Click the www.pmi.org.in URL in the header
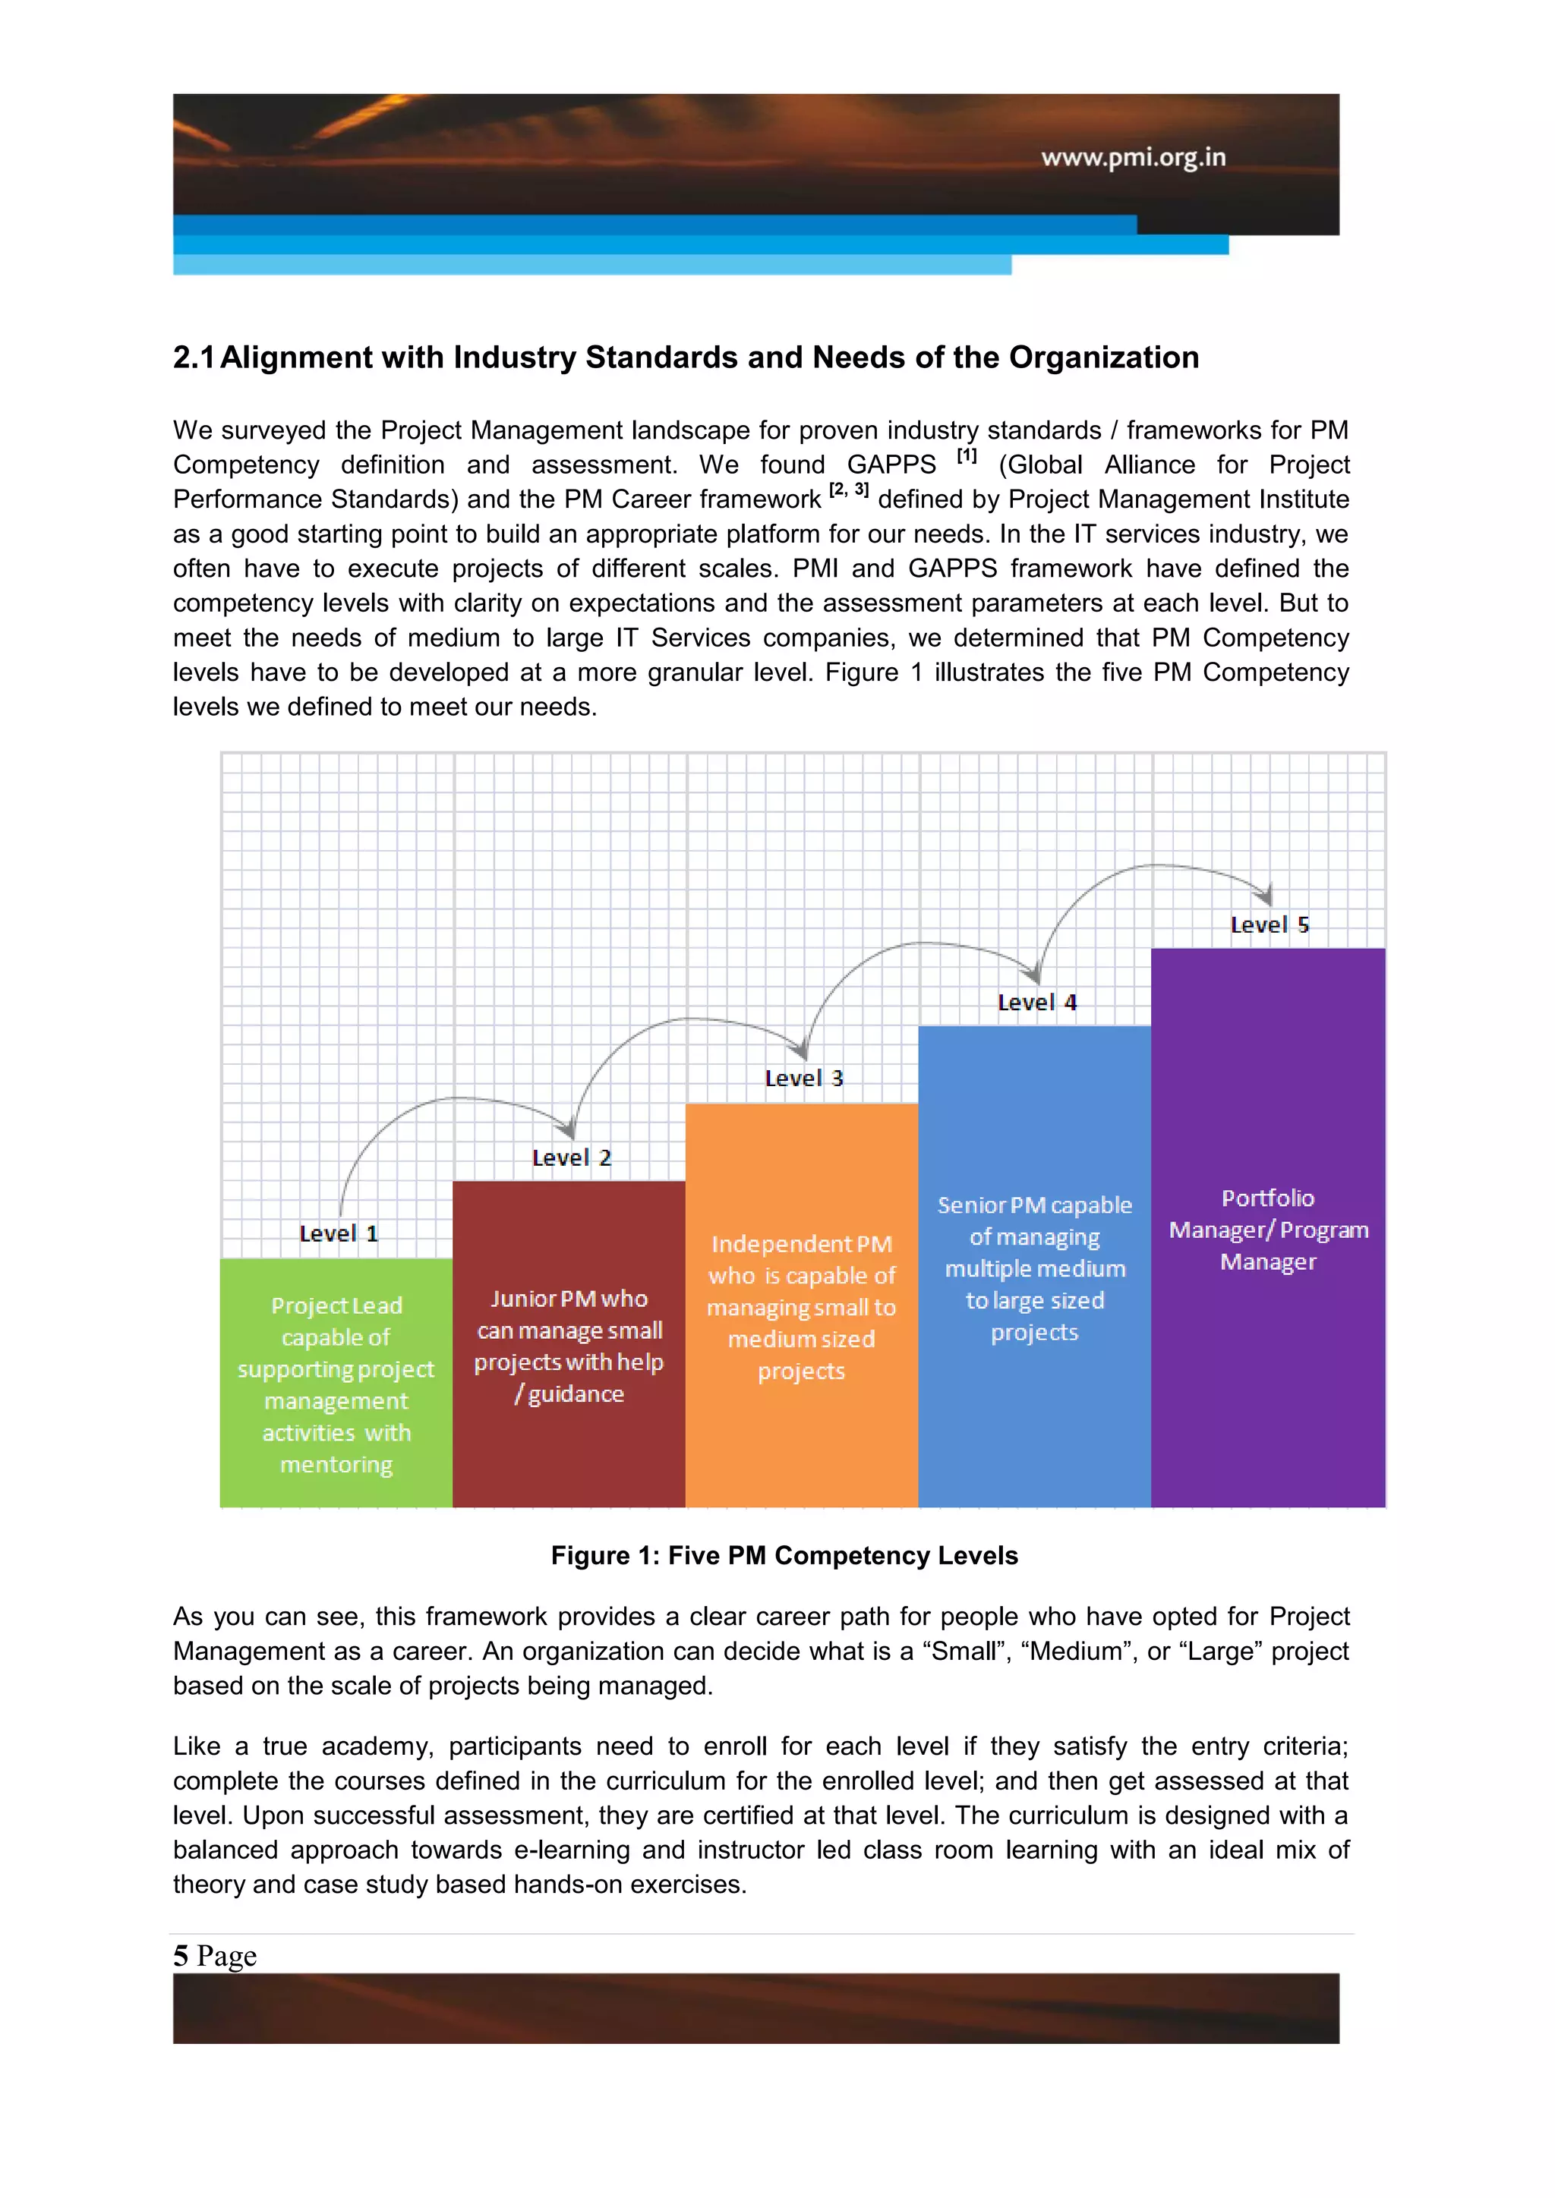point(1133,157)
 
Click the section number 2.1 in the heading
point(194,357)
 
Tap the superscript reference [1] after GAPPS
point(966,457)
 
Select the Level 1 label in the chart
point(338,1233)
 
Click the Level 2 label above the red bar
point(571,1157)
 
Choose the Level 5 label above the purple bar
point(1269,924)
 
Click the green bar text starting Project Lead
point(336,1384)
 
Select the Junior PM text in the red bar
point(569,1345)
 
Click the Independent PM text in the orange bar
point(802,1307)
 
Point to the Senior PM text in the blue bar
point(1034,1267)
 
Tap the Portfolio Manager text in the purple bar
point(1268,1230)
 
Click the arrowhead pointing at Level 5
point(1266,895)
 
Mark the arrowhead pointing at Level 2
point(569,1129)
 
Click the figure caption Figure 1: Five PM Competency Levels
point(784,1556)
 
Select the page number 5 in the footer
point(180,1955)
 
